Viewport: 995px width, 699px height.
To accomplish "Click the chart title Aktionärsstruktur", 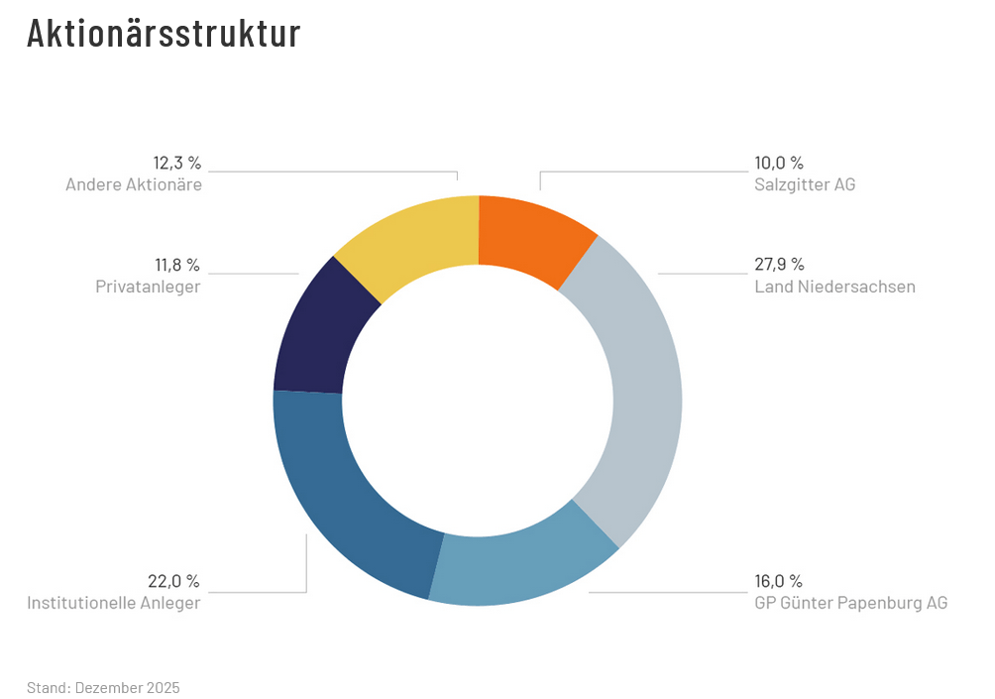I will click(164, 34).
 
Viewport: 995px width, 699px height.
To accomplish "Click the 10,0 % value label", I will click(779, 164).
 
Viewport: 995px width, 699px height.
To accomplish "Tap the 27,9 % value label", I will click(779, 265).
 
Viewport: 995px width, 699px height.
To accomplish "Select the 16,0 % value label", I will click(779, 581).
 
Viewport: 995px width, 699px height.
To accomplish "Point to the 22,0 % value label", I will click(174, 581).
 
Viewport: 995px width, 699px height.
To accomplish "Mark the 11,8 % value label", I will click(176, 265).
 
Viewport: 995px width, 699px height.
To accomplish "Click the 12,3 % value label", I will click(176, 163).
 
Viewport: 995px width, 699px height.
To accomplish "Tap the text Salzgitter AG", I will click(805, 185).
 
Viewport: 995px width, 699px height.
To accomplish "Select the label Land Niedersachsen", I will click(834, 287).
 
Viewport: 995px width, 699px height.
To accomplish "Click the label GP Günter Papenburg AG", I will click(850, 603).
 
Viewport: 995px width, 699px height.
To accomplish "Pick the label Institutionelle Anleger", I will click(114, 603).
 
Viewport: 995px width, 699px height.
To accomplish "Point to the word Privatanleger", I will click(148, 287).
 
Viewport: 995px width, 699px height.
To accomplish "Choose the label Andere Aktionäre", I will click(134, 184).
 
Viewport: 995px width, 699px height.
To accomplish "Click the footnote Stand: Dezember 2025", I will click(104, 687).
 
